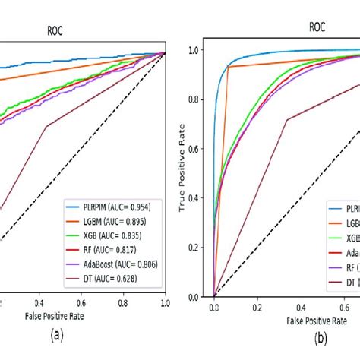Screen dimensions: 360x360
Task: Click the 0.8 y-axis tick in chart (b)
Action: point(197,99)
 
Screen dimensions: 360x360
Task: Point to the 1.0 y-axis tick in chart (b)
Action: point(197,50)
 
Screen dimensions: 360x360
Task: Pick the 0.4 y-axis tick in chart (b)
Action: point(197,197)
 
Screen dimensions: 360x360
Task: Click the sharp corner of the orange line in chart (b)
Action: point(229,67)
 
